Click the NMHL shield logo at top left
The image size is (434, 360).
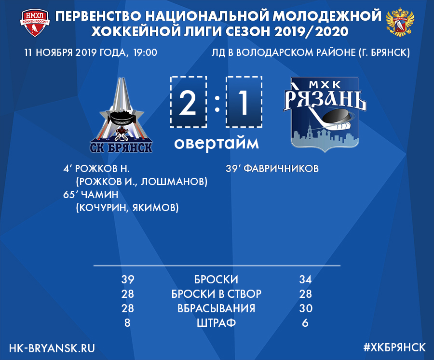pos(35,23)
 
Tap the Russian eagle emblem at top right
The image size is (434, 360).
pos(400,23)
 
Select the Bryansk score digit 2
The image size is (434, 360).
pos(188,103)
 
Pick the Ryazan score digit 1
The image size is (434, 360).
pos(244,103)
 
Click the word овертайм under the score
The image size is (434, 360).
pos(217,143)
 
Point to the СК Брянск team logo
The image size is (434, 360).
pos(121,115)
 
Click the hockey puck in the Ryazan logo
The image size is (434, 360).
pos(336,116)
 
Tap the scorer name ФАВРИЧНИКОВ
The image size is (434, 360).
pos(281,169)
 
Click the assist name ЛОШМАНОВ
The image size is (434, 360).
pos(174,182)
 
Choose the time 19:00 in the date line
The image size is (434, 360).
pos(145,53)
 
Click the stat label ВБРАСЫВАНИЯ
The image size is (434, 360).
pos(216,308)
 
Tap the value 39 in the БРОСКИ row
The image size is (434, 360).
pos(128,280)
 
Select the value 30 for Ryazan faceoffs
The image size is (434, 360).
pos(306,308)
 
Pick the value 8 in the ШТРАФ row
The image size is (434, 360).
pos(127,323)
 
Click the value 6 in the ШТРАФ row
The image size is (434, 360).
pos(305,323)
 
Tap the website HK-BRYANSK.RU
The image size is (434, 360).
pos(52,348)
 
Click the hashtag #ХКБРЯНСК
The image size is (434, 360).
pos(394,347)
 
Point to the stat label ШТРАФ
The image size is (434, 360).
pos(216,323)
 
